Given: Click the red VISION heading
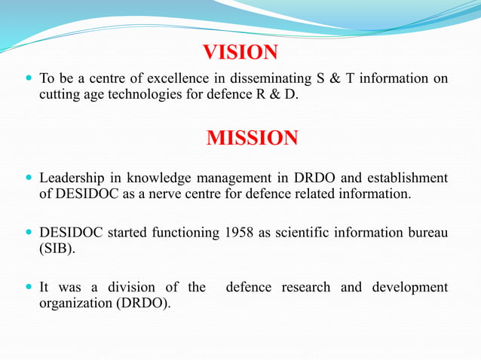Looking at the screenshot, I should (240, 52).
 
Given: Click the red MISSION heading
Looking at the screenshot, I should (252, 139).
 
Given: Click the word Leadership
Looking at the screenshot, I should (72, 178).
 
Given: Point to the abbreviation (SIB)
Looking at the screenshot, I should (57, 250).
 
